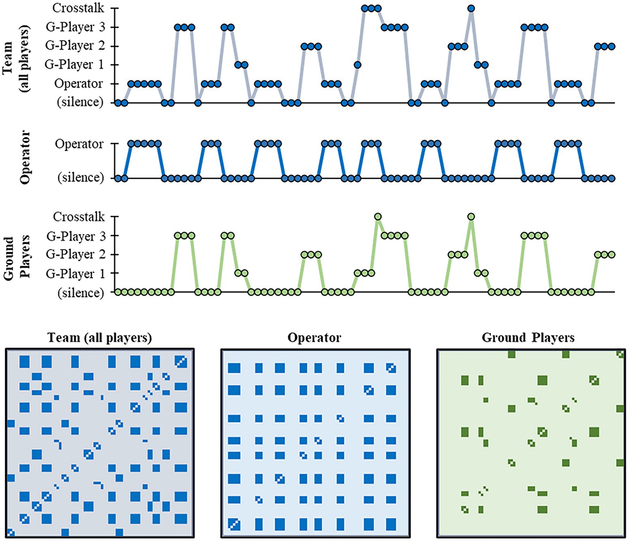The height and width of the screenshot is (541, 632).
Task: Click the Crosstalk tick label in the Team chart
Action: tap(78, 8)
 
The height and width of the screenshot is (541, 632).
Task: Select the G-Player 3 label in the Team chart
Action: tap(75, 27)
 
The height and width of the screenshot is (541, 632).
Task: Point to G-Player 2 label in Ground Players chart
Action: tap(75, 255)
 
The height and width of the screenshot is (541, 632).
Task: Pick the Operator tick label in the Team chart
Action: tap(79, 84)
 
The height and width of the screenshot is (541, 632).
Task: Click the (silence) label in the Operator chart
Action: tap(81, 178)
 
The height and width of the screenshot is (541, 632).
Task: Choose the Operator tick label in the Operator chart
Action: tap(79, 144)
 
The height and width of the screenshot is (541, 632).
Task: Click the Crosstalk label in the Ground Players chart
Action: tap(79, 217)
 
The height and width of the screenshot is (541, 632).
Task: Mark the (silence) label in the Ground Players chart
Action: tap(81, 292)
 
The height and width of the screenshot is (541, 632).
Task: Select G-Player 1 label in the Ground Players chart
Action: tap(75, 274)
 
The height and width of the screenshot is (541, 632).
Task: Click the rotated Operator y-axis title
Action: tap(25, 157)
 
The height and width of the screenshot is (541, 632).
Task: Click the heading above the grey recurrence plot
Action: tap(100, 338)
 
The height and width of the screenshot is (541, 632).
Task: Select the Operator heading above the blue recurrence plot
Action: tap(314, 338)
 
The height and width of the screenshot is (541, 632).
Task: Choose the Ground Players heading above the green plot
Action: tap(528, 338)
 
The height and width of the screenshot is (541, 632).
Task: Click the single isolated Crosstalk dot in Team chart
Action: tap(471, 8)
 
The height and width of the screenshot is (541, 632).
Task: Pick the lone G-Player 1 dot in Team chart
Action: tap(357, 65)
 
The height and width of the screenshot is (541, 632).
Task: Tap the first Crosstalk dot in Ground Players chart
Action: tap(377, 217)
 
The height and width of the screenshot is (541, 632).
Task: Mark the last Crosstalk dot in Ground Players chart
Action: tap(471, 217)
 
